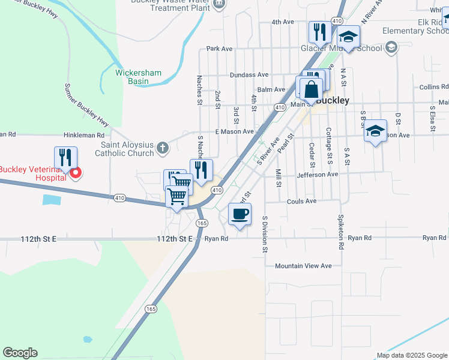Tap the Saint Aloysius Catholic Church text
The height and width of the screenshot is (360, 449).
[x=127, y=149]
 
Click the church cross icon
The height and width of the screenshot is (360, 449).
[x=162, y=147]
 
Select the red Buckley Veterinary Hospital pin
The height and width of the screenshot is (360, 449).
[x=76, y=174]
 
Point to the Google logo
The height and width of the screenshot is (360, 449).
[x=20, y=353]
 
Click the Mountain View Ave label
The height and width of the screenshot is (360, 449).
[x=303, y=266]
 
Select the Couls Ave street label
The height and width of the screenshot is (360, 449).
[x=302, y=201]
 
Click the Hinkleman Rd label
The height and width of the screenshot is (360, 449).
[x=84, y=136]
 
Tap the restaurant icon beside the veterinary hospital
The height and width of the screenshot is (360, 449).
[x=66, y=158]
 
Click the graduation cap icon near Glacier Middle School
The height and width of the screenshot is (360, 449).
[x=348, y=37]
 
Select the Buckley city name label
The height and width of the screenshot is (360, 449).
[x=332, y=101]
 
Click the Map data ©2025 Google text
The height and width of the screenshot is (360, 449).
[x=411, y=355]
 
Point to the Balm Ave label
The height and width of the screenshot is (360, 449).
[x=271, y=89]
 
